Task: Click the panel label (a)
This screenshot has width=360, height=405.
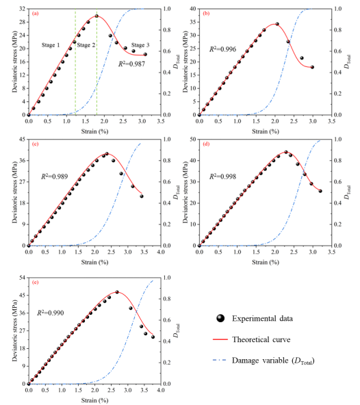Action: click(35, 14)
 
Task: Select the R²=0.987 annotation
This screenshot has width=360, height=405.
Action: click(132, 64)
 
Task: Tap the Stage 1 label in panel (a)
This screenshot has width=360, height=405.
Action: click(51, 45)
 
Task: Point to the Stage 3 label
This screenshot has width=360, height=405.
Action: click(140, 45)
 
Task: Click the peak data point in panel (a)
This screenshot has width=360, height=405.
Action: click(97, 16)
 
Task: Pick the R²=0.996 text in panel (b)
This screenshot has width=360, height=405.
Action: click(222, 49)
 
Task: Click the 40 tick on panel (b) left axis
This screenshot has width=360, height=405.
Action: click(193, 9)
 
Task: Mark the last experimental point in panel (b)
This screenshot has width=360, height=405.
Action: click(312, 67)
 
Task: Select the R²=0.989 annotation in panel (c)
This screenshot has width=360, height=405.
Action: click(55, 177)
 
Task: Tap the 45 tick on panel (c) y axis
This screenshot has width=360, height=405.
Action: click(23, 140)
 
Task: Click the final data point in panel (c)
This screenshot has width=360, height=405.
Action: click(142, 196)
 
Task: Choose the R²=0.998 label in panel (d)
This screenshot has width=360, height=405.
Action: click(222, 177)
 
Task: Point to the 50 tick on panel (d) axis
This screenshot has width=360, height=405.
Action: click(193, 140)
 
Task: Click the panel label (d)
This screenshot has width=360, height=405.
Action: click(206, 144)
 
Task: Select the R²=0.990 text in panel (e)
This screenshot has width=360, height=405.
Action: click(51, 313)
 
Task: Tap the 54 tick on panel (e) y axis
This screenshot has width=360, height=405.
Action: click(23, 278)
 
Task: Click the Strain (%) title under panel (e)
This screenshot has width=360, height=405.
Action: click(95, 400)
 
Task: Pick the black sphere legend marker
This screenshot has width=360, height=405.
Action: click(220, 318)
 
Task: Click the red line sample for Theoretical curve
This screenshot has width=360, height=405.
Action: click(220, 339)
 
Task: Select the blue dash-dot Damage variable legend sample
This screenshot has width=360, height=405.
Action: click(220, 360)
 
